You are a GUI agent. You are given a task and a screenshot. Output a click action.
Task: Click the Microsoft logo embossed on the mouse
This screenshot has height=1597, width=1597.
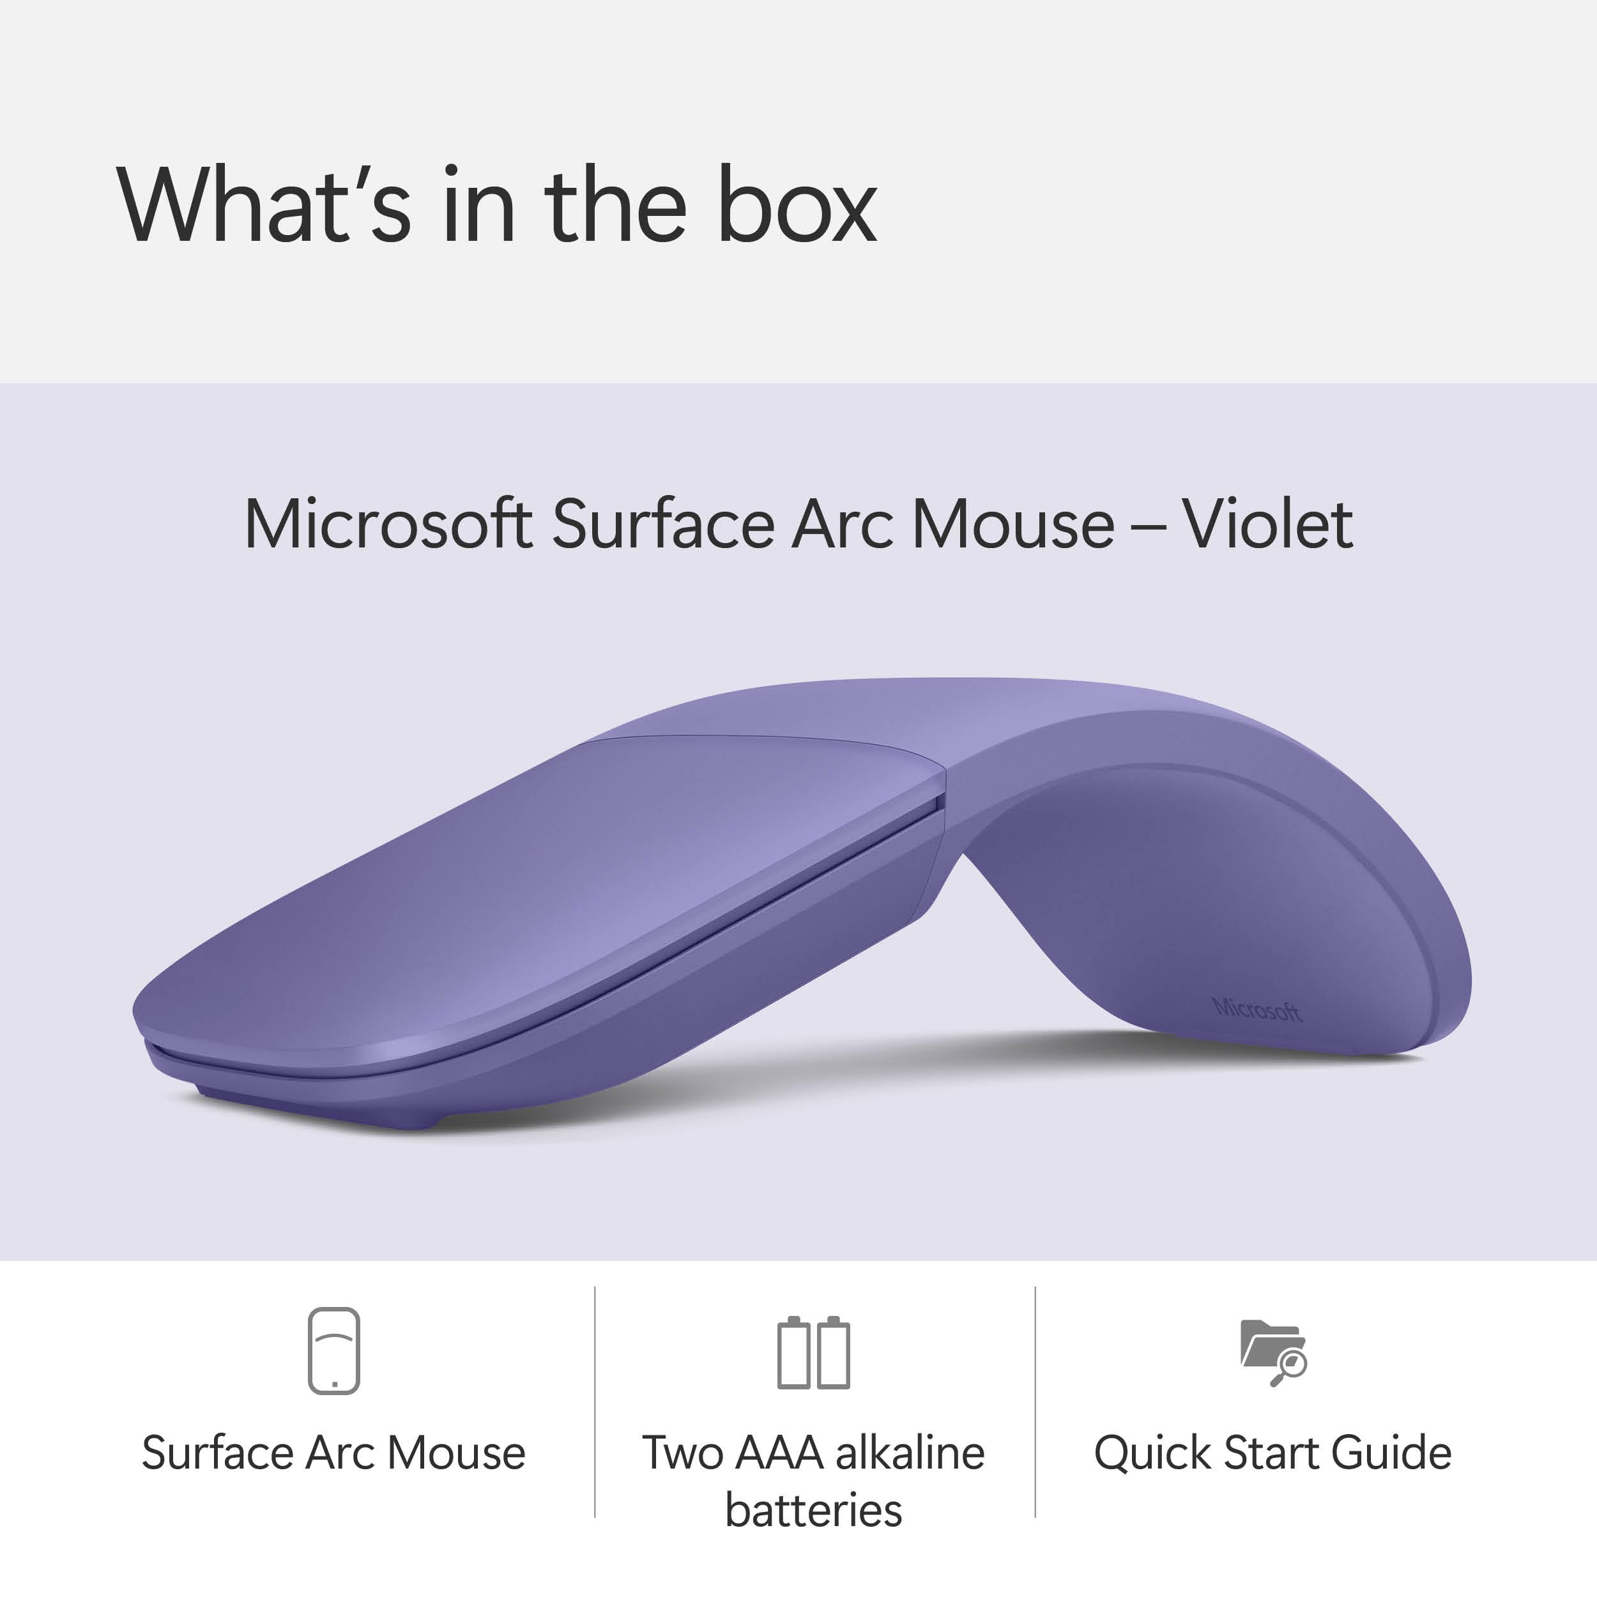point(1257,1009)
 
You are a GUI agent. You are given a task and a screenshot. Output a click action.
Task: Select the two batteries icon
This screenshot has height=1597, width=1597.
point(813,1352)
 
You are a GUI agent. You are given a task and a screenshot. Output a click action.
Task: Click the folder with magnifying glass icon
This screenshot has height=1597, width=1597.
point(1273,1352)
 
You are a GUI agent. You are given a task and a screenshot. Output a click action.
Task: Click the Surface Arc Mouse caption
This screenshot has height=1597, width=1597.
point(333,1453)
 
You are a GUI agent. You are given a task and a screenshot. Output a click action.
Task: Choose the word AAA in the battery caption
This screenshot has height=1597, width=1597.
point(779,1453)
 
